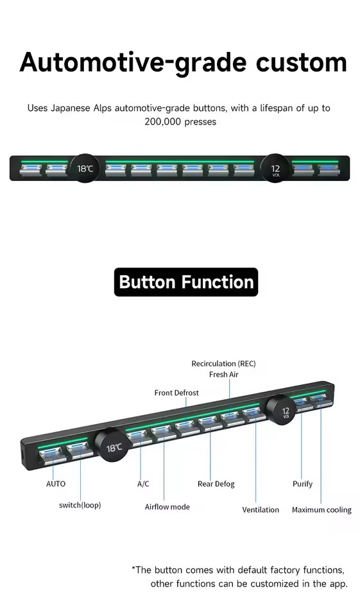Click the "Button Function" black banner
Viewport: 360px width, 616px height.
pos(186,282)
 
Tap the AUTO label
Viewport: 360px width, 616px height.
pos(56,484)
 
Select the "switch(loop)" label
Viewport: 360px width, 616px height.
pos(80,505)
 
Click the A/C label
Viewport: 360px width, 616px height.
pos(143,484)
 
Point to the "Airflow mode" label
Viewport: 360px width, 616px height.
pos(167,507)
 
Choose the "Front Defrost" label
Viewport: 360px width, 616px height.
pos(176,393)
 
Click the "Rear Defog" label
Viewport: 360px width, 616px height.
pos(216,484)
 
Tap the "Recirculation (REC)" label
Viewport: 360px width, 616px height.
pos(223,364)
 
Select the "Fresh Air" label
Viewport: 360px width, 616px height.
pos(223,374)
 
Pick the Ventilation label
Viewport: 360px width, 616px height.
pos(260,509)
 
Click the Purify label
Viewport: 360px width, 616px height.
pos(302,484)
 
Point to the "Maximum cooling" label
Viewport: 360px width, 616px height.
pos(321,510)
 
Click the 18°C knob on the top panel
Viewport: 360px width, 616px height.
pos(85,169)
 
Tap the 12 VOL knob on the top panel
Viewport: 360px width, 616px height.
pos(275,169)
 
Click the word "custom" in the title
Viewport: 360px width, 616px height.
pos(302,62)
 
